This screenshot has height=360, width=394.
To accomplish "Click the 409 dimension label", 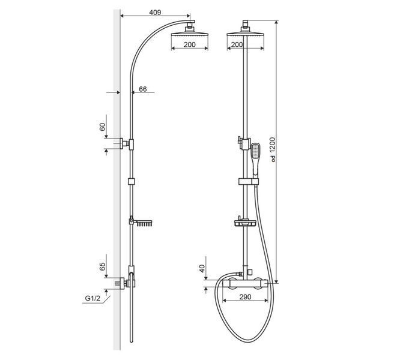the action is pos(155,13).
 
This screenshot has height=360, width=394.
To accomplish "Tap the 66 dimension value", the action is pos(143,89).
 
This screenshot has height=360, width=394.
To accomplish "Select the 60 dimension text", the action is pos(103,127).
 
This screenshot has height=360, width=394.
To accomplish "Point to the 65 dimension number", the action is pos(103,266).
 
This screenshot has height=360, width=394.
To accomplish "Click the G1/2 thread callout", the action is pos(92,298).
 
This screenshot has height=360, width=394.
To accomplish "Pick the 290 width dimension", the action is pos(245,297).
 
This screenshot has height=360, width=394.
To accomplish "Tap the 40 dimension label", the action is pos(202,269).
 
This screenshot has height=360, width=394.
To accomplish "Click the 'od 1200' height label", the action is pos(273,149).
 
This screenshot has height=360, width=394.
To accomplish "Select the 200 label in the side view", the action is pos(189,44).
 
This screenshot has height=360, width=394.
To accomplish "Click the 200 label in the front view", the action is pos(237,44).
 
